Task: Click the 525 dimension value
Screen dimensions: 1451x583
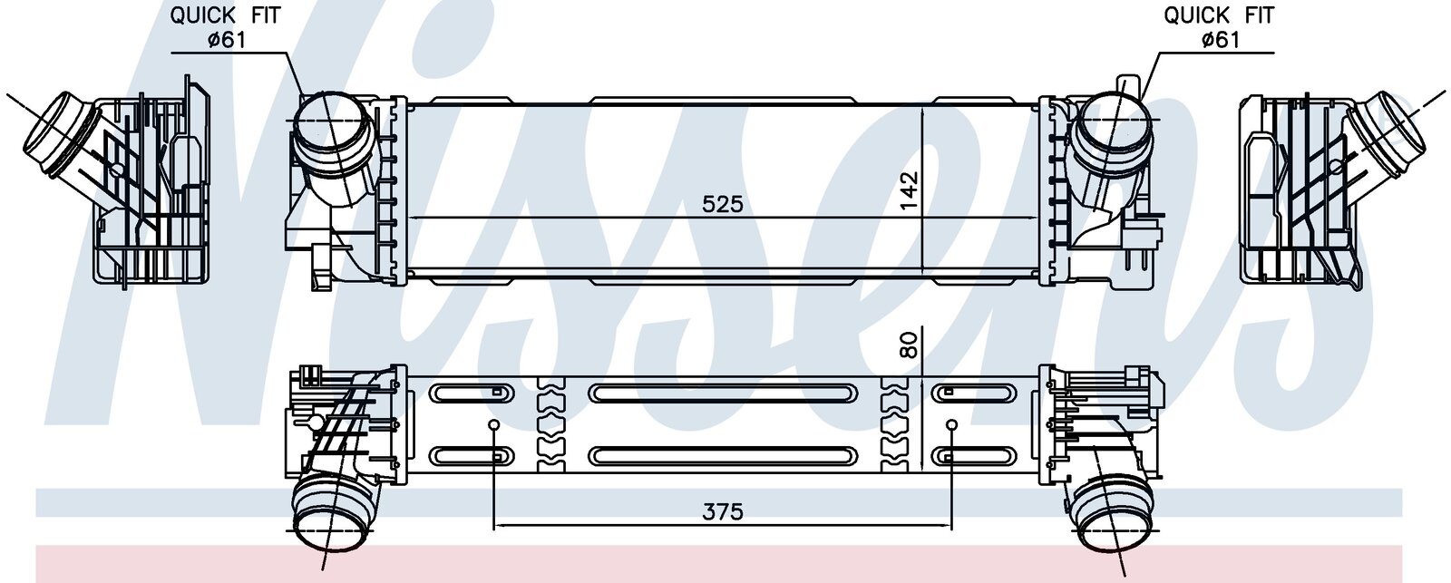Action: click(x=723, y=204)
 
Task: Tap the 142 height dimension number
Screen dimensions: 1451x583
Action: click(x=910, y=189)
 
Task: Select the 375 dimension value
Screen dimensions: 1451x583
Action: click(x=723, y=511)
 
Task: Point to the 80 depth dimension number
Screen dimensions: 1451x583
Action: click(x=910, y=345)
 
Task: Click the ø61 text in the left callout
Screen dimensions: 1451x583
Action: click(x=227, y=40)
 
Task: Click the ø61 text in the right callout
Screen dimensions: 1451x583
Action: click(x=1221, y=40)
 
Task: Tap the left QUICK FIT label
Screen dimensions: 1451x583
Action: click(x=226, y=15)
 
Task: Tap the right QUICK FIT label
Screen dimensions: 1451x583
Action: click(x=1219, y=15)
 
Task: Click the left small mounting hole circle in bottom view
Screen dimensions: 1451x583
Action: click(x=493, y=425)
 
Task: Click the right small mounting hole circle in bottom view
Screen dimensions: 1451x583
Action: click(x=951, y=425)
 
